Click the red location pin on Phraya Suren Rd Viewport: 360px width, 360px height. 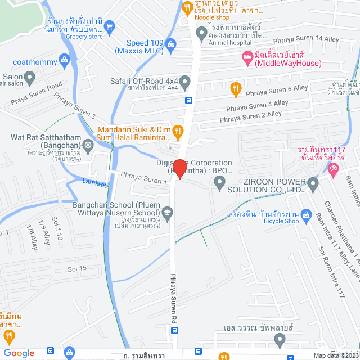tap(180, 169)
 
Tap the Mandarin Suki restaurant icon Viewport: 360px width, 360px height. tap(178, 132)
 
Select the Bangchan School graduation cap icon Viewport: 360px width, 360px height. tap(167, 212)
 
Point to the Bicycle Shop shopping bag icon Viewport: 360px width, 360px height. tap(306, 213)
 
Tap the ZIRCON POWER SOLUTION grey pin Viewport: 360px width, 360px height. tap(219, 182)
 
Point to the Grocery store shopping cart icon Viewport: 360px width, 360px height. tap(109, 25)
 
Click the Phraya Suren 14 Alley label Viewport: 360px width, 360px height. tap(306, 39)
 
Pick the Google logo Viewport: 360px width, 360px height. tap(19, 353)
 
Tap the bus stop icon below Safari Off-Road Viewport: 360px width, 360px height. tap(188, 101)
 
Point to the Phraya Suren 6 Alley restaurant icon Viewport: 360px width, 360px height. tap(235, 87)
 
